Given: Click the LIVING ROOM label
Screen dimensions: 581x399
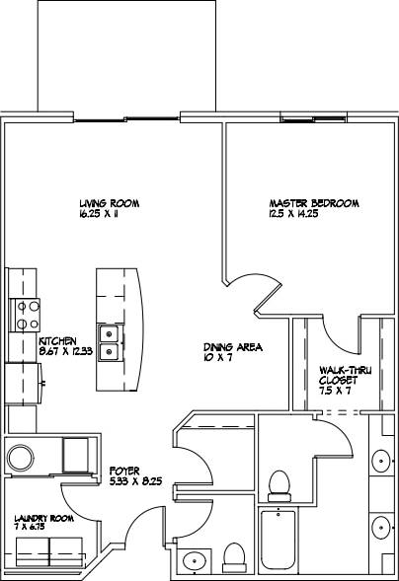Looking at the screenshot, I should pyautogui.click(x=110, y=204).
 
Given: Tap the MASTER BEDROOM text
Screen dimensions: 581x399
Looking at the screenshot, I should pyautogui.click(x=313, y=204).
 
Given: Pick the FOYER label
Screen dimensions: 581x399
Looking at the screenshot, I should pyautogui.click(x=123, y=471).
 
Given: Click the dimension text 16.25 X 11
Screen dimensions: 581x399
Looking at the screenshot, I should pyautogui.click(x=104, y=215).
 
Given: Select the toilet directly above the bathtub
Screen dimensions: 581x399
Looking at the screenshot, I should pyautogui.click(x=279, y=484).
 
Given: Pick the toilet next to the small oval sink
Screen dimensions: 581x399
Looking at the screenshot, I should pyautogui.click(x=235, y=556).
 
